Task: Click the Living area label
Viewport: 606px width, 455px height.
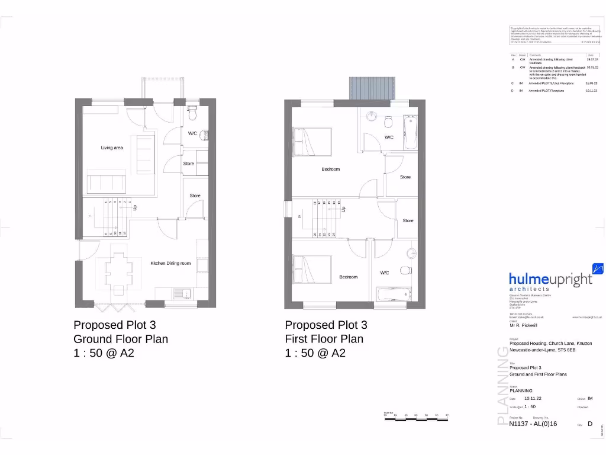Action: point(112,148)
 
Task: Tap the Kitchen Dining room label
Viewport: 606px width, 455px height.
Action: point(170,263)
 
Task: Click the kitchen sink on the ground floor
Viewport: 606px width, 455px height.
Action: point(183,293)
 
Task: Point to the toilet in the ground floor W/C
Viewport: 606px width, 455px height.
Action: point(192,113)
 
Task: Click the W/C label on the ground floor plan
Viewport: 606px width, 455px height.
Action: point(192,133)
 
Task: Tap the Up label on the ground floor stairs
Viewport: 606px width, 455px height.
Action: point(135,208)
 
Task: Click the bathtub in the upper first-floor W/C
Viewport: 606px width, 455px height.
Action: point(410,132)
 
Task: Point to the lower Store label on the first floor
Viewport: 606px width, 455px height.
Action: point(408,220)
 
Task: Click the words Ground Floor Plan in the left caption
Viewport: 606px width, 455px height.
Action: point(121,339)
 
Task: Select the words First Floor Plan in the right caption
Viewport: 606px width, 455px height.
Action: point(324,339)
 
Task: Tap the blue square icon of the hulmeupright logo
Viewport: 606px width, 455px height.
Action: point(597,269)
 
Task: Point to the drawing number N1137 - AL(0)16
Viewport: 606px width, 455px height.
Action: point(533,424)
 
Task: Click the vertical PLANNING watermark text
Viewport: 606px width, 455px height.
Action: point(501,386)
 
